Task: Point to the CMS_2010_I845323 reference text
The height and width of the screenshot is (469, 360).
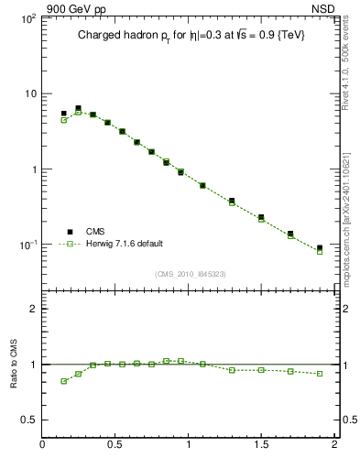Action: [x=189, y=274]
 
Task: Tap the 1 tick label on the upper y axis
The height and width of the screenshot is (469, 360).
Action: [x=31, y=169]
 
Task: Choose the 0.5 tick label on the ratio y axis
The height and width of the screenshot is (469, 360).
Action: [x=27, y=420]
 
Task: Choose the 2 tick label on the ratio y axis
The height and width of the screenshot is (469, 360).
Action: [x=32, y=309]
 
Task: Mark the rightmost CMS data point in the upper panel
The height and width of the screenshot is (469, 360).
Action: [x=320, y=248]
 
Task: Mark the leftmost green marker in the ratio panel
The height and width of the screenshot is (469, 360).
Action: [x=64, y=381]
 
